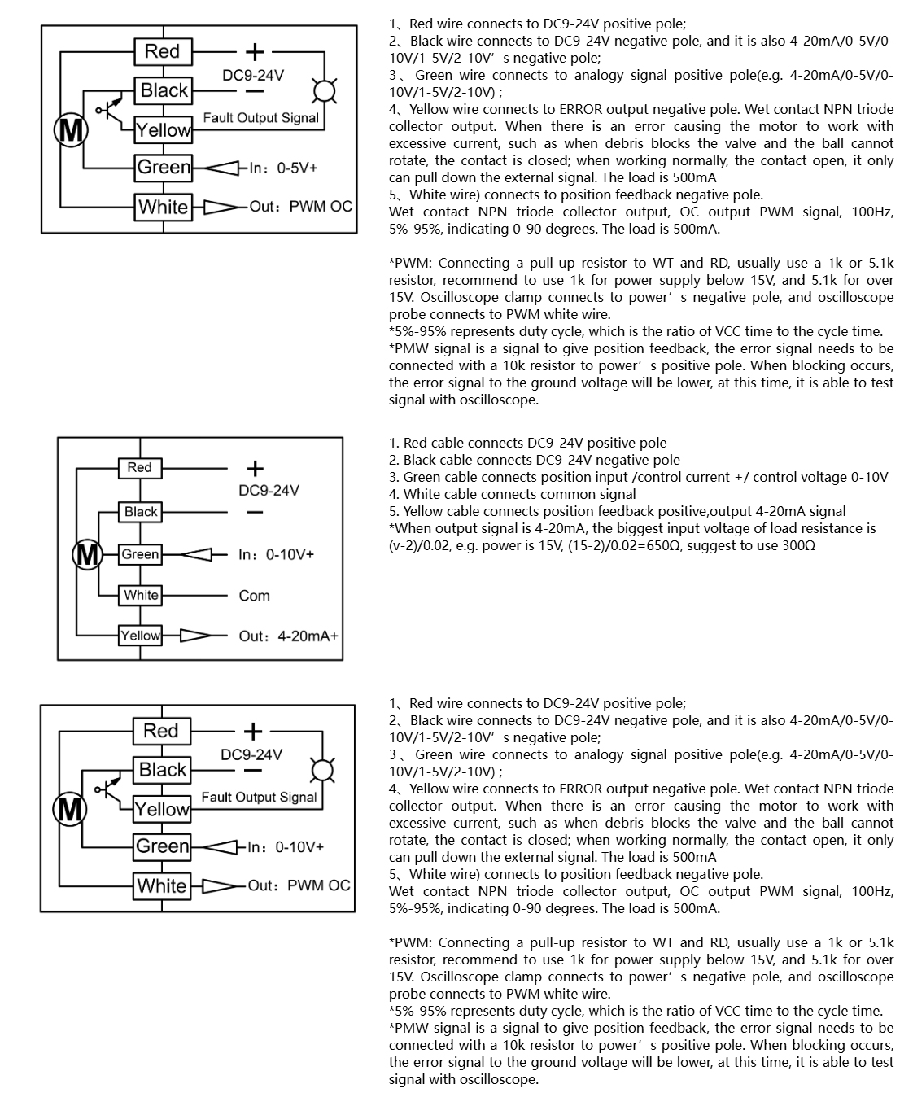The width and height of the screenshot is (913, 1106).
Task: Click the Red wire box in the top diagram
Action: pos(162,51)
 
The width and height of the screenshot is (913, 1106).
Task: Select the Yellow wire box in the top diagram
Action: pos(164,129)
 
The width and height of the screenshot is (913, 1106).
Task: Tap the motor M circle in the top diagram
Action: pos(70,130)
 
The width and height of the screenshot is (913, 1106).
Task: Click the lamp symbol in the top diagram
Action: pos(325,91)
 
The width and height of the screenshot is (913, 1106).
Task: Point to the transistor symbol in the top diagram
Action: pos(111,110)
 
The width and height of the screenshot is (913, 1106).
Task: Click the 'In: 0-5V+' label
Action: pos(283,168)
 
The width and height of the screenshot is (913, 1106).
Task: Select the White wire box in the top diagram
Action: pos(163,207)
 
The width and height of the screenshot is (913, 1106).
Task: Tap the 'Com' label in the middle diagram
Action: pos(254,596)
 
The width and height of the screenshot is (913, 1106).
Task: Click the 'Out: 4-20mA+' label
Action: pos(288,636)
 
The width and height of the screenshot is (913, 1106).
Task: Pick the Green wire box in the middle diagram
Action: pos(140,554)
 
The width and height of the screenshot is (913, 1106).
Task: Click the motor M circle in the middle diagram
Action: pos(86,555)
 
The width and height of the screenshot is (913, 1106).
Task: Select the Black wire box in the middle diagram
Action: pos(141,512)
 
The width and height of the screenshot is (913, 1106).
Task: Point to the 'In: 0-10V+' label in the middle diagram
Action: pos(276,554)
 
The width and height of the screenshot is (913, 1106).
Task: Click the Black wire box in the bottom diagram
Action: pos(163,770)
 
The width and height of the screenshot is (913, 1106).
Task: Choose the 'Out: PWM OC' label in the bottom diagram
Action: pos(299,885)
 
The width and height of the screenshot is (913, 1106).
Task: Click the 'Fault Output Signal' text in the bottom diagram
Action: pos(260,797)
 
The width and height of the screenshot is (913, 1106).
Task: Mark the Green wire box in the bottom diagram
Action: pos(163,846)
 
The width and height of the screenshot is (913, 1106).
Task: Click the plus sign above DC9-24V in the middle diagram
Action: pos(255,468)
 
